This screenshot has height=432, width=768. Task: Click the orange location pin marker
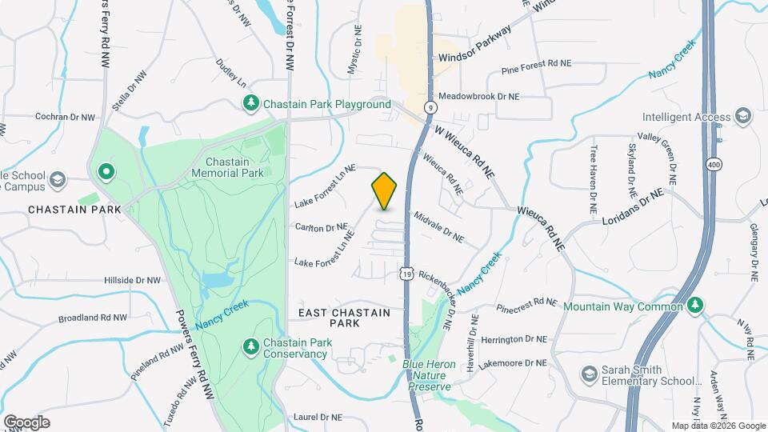tap(385, 190)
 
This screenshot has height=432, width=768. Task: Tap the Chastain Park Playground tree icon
tap(252, 104)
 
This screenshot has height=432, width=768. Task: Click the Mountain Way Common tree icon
tap(696, 306)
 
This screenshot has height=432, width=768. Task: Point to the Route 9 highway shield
tap(430, 106)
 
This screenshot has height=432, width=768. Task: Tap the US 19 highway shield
tap(407, 274)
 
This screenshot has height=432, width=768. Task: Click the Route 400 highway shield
tap(711, 164)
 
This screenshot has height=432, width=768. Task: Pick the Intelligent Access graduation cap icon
tap(743, 117)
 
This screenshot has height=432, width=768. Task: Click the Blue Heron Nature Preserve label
tap(429, 375)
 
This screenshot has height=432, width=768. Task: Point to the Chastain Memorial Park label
tap(228, 166)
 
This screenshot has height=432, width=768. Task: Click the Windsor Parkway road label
tap(474, 58)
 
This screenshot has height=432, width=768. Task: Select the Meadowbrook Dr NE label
tap(478, 96)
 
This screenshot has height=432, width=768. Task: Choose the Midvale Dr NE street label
tap(438, 226)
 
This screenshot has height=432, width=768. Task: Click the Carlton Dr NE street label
tap(321, 227)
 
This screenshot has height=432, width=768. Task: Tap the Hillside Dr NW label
tap(133, 281)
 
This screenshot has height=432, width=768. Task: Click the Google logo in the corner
tap(26, 422)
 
